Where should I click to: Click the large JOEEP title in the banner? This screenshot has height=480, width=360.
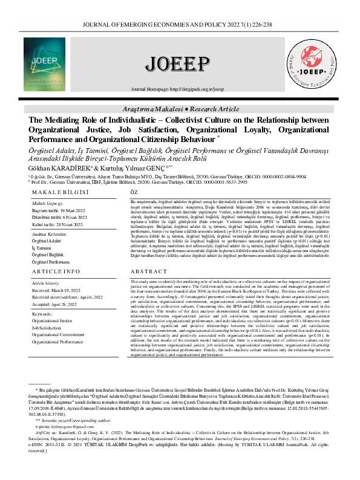coord(180,63)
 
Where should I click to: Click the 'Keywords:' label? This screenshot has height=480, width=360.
coord(43,314)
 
